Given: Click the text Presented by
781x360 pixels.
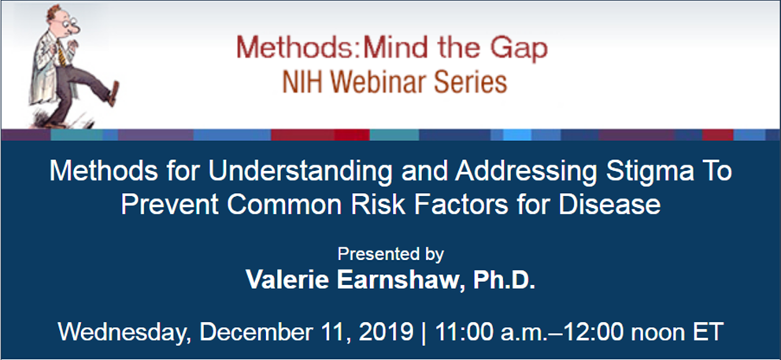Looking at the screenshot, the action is click(390, 254).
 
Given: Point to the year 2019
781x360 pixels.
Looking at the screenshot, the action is click(384, 332).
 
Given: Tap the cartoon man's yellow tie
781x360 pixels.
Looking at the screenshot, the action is click(61, 51).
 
